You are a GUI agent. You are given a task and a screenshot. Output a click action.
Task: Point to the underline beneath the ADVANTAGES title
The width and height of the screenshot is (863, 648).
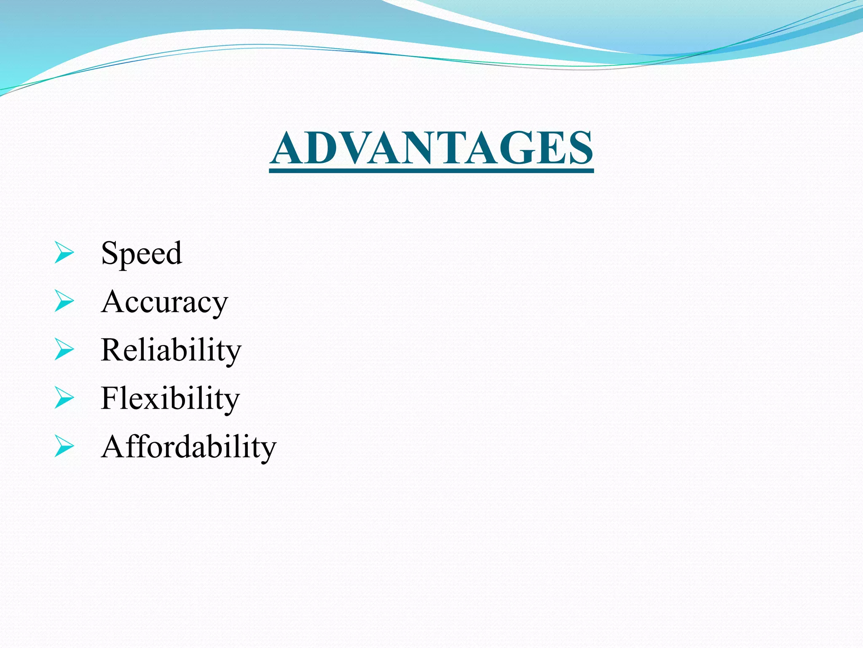pyautogui.click(x=431, y=171)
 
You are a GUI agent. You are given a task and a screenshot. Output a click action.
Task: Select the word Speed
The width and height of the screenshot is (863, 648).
pyautogui.click(x=142, y=253)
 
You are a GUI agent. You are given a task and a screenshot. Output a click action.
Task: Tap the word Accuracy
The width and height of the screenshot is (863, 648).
pyautogui.click(x=164, y=302)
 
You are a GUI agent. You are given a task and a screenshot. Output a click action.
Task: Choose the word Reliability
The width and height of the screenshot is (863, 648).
pyautogui.click(x=171, y=350)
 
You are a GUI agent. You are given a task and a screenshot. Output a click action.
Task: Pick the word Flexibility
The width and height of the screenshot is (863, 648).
pyautogui.click(x=170, y=398)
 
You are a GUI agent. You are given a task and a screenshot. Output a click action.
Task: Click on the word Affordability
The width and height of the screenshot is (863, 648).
pyautogui.click(x=189, y=446)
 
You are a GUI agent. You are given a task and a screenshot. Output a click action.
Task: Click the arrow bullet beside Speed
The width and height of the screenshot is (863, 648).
pyautogui.click(x=64, y=254)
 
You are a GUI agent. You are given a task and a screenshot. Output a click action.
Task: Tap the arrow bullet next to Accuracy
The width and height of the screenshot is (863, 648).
pyautogui.click(x=64, y=302)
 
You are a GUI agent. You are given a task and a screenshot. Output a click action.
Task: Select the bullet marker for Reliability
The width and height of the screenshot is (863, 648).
pyautogui.click(x=64, y=350)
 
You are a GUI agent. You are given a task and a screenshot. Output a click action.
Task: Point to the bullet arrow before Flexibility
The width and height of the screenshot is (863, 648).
pyautogui.click(x=64, y=398)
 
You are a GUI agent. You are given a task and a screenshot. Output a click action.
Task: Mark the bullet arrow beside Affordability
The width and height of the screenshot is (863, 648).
pyautogui.click(x=64, y=446)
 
